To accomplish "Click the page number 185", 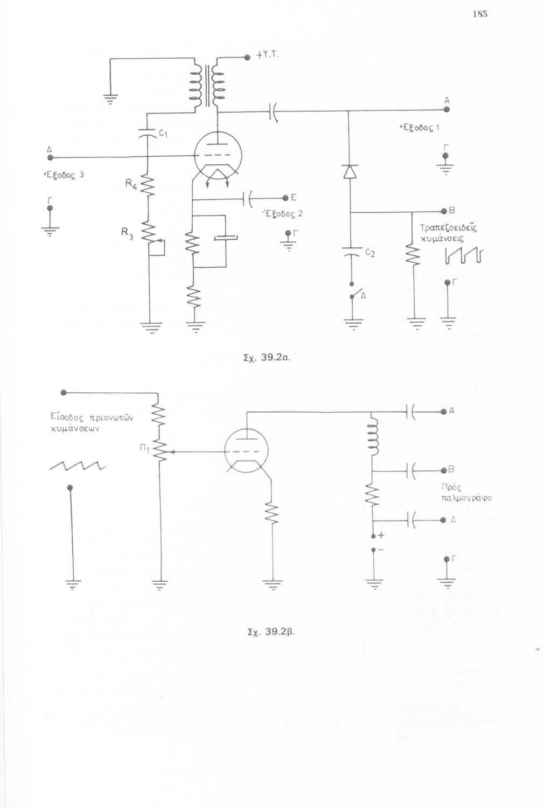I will (480, 14).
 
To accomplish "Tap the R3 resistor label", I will (127, 233).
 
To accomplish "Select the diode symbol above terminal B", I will (350, 171).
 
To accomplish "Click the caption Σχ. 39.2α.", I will (267, 357).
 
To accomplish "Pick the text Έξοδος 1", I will (420, 128).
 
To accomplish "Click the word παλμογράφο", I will (466, 498).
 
